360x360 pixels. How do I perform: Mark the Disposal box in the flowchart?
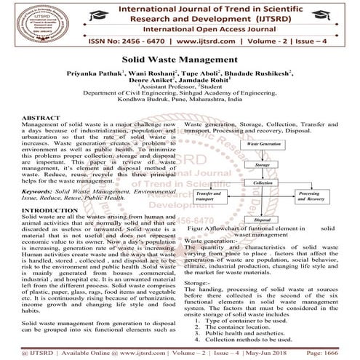point(263,218)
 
